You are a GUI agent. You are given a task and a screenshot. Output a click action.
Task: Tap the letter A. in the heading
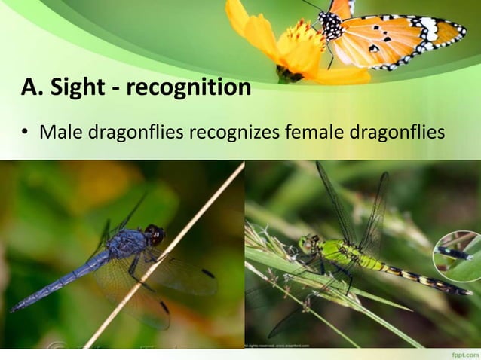coord(31,89)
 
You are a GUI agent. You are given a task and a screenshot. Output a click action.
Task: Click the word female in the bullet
coord(314,133)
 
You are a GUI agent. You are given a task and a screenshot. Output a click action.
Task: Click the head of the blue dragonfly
coord(154,234)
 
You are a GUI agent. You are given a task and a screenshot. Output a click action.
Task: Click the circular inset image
coord(456,256)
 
